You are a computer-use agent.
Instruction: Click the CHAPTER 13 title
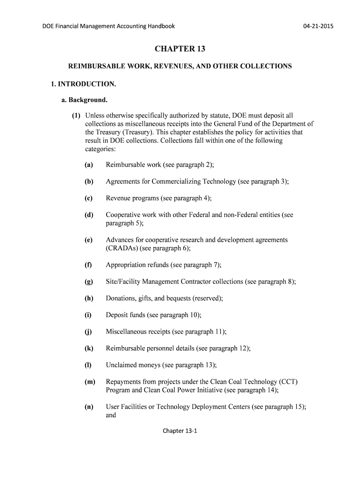(180, 49)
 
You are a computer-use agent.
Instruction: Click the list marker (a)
(89, 165)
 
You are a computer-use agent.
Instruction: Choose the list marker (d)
(89, 215)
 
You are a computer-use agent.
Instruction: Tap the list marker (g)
(89, 282)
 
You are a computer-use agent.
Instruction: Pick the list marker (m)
(90, 382)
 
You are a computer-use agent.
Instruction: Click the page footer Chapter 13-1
(180, 431)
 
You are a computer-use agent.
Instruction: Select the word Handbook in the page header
(161, 26)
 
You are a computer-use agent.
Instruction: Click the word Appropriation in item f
(126, 265)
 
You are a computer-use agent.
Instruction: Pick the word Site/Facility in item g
(122, 282)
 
